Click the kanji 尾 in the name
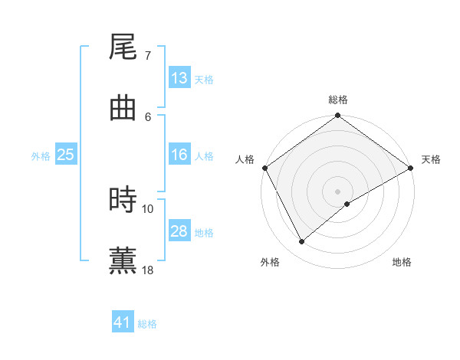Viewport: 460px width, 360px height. click(x=123, y=48)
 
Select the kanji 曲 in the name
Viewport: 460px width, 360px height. click(x=123, y=108)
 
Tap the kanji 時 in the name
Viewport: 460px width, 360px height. click(x=123, y=200)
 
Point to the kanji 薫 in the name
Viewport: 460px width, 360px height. click(x=123, y=260)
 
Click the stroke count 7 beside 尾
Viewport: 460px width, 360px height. click(x=148, y=56)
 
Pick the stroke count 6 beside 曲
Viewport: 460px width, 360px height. click(x=148, y=116)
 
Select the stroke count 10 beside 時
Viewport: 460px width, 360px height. click(x=148, y=208)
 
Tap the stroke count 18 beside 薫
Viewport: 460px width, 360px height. click(x=148, y=269)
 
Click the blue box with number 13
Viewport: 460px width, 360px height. click(x=179, y=78)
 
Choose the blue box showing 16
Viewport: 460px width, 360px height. click(x=179, y=155)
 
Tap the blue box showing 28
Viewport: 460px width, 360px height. click(x=179, y=231)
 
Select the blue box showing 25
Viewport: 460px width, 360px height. click(x=65, y=155)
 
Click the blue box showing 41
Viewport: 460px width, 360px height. click(x=123, y=323)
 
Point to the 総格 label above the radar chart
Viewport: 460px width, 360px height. click(x=338, y=100)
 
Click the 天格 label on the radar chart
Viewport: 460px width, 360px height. click(x=431, y=159)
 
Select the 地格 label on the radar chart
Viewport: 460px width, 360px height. click(x=402, y=262)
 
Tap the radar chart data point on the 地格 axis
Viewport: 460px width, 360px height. click(x=347, y=204)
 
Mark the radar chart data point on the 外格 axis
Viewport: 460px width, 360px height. click(x=302, y=241)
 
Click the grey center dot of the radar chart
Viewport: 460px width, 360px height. click(x=337, y=191)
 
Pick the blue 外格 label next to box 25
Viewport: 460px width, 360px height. click(x=41, y=155)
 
